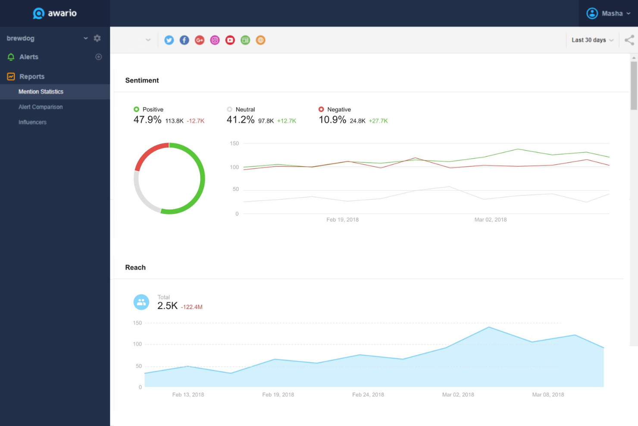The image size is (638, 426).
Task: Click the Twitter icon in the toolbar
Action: click(169, 40)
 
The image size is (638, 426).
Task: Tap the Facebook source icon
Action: click(184, 40)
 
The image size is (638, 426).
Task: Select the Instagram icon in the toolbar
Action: click(215, 40)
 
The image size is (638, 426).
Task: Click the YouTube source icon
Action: click(230, 40)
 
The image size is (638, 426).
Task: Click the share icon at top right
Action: click(629, 40)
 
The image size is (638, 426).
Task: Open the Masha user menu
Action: click(608, 13)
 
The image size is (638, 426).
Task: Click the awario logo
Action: click(55, 13)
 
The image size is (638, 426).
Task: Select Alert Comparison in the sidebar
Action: click(41, 107)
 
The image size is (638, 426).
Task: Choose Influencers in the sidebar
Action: click(32, 122)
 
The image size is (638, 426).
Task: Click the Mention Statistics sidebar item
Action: click(41, 92)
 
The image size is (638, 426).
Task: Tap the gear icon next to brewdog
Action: click(97, 38)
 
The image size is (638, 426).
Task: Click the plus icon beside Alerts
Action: click(98, 57)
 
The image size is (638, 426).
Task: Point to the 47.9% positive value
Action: click(147, 120)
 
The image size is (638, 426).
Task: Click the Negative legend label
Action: click(339, 110)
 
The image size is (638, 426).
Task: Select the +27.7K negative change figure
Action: click(378, 121)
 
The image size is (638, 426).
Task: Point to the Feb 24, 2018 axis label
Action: click(368, 394)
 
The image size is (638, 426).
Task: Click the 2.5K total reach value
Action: click(167, 306)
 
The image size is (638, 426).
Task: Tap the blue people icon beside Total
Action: click(141, 302)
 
